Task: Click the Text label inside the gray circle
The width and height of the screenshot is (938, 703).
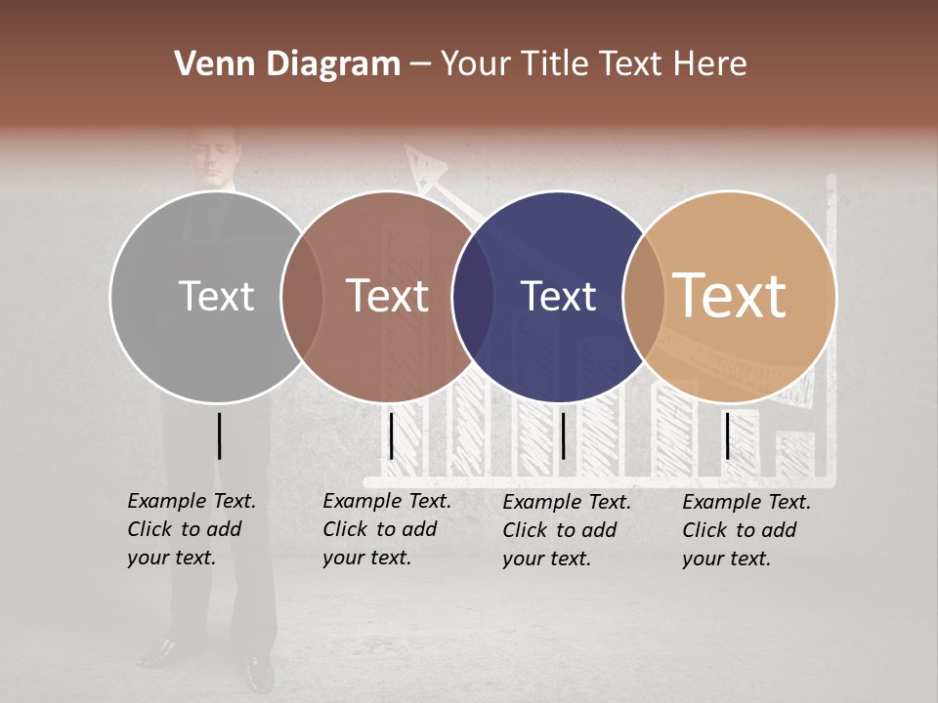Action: click(x=217, y=296)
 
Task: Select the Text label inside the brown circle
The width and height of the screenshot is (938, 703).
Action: click(x=388, y=296)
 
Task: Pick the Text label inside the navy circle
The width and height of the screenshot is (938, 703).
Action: click(x=559, y=296)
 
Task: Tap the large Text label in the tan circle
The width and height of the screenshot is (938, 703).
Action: click(x=730, y=296)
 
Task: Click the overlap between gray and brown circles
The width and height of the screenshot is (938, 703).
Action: click(x=302, y=296)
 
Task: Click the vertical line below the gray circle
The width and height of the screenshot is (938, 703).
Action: click(x=219, y=435)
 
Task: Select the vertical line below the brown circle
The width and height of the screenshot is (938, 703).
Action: click(x=391, y=435)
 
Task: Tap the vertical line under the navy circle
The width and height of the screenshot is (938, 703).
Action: click(x=563, y=435)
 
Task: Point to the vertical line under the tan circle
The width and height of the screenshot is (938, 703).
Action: click(x=727, y=435)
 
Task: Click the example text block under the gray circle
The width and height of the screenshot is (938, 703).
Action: click(x=192, y=529)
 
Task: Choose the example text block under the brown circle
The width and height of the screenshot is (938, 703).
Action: click(x=387, y=529)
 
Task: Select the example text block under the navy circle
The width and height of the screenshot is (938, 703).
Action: click(x=567, y=530)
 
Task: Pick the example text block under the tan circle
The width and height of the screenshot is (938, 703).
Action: click(x=746, y=530)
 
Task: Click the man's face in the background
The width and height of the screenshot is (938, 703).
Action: click(x=216, y=156)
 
